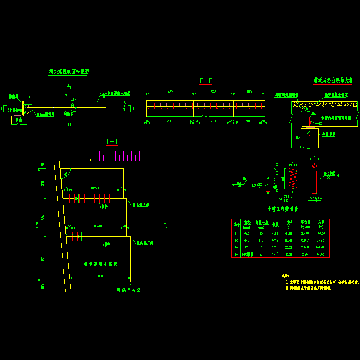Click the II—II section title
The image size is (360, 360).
click(206, 81)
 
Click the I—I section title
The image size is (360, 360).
click(112, 142)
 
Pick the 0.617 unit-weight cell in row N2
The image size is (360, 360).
click(305, 240)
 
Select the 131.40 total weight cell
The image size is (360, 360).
click(320, 247)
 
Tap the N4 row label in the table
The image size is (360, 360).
click(236, 254)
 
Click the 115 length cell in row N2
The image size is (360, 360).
click(261, 240)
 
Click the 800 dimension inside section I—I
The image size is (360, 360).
click(100, 276)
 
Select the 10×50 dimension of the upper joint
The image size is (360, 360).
click(94, 188)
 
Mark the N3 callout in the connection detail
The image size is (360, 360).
click(298, 137)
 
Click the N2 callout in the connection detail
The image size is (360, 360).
click(320, 123)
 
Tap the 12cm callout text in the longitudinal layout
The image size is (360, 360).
click(103, 94)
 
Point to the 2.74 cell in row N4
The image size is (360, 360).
click(305, 254)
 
